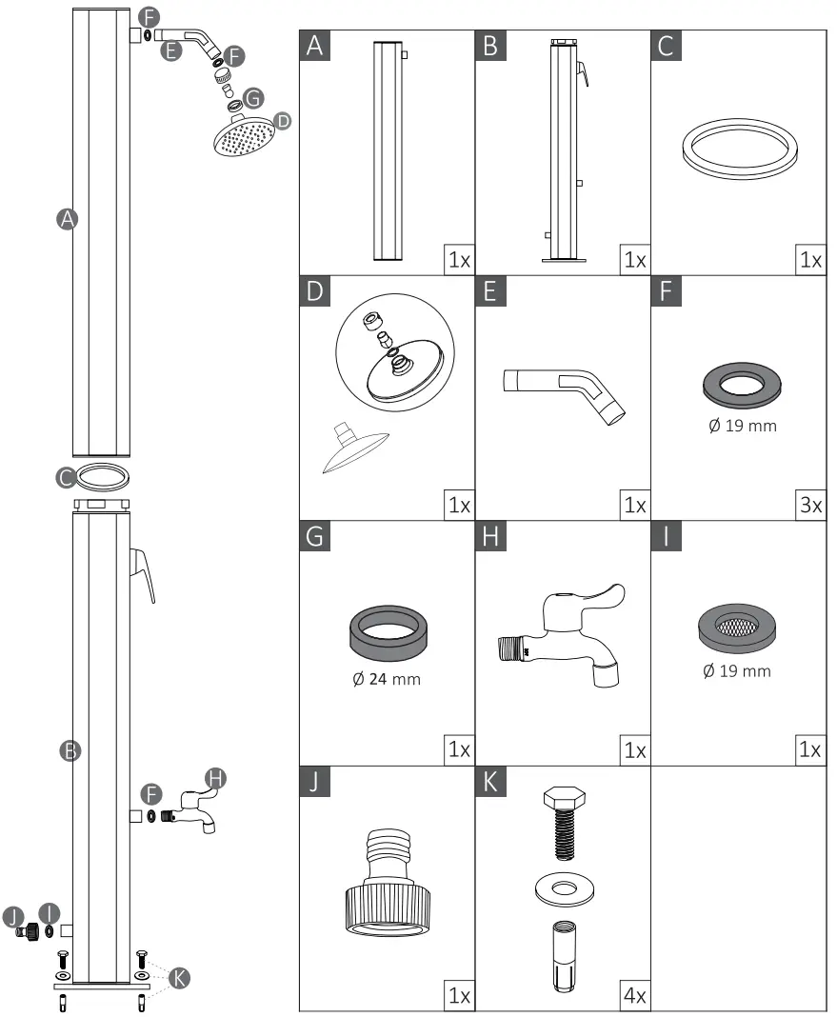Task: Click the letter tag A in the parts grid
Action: tap(316, 46)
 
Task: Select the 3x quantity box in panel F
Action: tap(809, 505)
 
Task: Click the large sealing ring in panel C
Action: tap(738, 147)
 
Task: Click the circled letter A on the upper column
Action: tap(66, 219)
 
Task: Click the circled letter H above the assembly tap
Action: tap(216, 778)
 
